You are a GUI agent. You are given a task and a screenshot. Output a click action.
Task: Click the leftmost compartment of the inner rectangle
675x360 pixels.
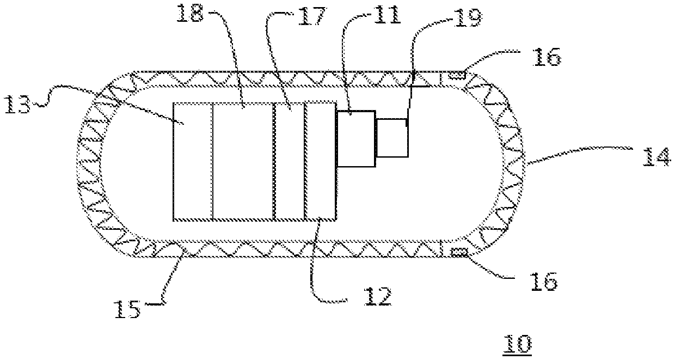pyautogui.click(x=192, y=161)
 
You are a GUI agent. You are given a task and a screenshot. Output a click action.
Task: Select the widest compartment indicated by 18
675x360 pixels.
pyautogui.click(x=242, y=161)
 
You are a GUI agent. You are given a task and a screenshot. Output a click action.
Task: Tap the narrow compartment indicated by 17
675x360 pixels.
pyautogui.click(x=289, y=161)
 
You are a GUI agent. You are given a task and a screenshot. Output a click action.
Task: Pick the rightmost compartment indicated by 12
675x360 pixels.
pyautogui.click(x=321, y=161)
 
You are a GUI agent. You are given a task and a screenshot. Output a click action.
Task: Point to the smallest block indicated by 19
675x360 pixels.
pyautogui.click(x=392, y=138)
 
